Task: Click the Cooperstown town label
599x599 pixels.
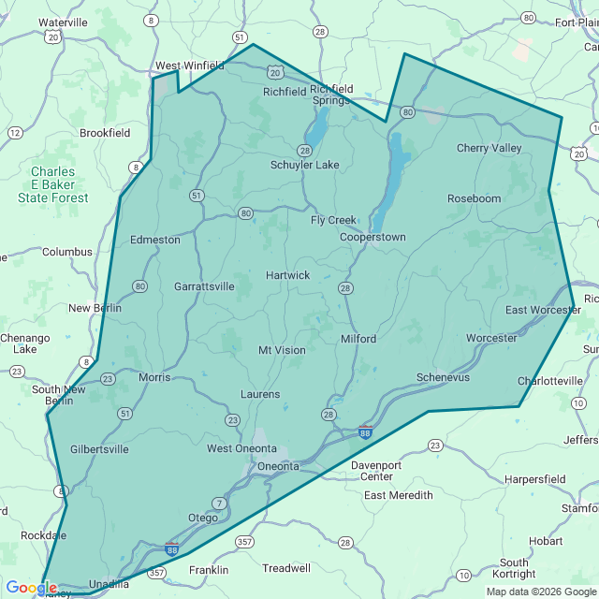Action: point(373,237)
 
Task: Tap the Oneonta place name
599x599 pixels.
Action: point(278,466)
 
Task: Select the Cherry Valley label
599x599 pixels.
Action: point(489,148)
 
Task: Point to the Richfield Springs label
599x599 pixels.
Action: point(330,95)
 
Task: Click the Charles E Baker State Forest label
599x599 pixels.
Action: point(53,184)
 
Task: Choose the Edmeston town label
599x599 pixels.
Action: point(155,240)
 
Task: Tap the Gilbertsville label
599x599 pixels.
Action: point(99,449)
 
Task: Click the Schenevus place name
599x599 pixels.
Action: point(444,376)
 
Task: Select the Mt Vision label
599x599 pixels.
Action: point(282,350)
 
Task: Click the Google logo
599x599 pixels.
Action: point(31,588)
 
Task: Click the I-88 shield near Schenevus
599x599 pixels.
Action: point(365,432)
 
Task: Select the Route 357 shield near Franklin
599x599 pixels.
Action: point(244,542)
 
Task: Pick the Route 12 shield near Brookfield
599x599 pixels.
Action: point(15,133)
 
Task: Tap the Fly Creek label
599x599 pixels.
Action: point(333,220)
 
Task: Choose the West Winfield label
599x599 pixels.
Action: point(189,66)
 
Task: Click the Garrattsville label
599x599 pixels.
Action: point(204,286)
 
